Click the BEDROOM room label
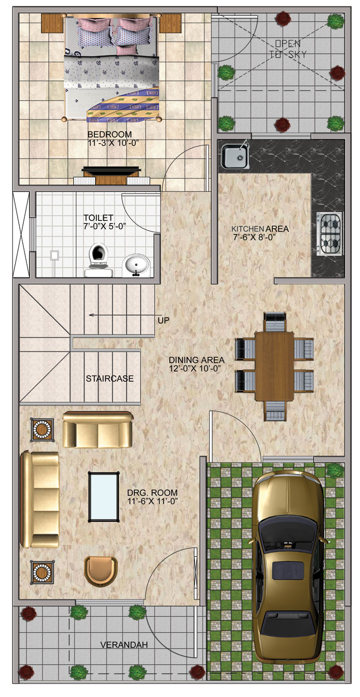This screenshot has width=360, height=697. click(109, 134)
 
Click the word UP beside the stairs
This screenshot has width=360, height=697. click(164, 320)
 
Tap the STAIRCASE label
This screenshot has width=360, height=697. click(109, 379)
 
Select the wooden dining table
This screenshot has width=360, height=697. click(274, 366)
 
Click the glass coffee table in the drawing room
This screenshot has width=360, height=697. click(104, 496)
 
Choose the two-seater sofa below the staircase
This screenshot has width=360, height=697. click(98, 429)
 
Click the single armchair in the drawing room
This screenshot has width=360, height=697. click(101, 570)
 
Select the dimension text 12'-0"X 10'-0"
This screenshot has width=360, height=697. click(195, 368)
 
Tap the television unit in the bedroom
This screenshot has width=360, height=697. click(112, 176)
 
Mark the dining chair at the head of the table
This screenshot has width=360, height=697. click(275, 323)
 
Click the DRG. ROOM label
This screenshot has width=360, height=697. click(153, 493)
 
